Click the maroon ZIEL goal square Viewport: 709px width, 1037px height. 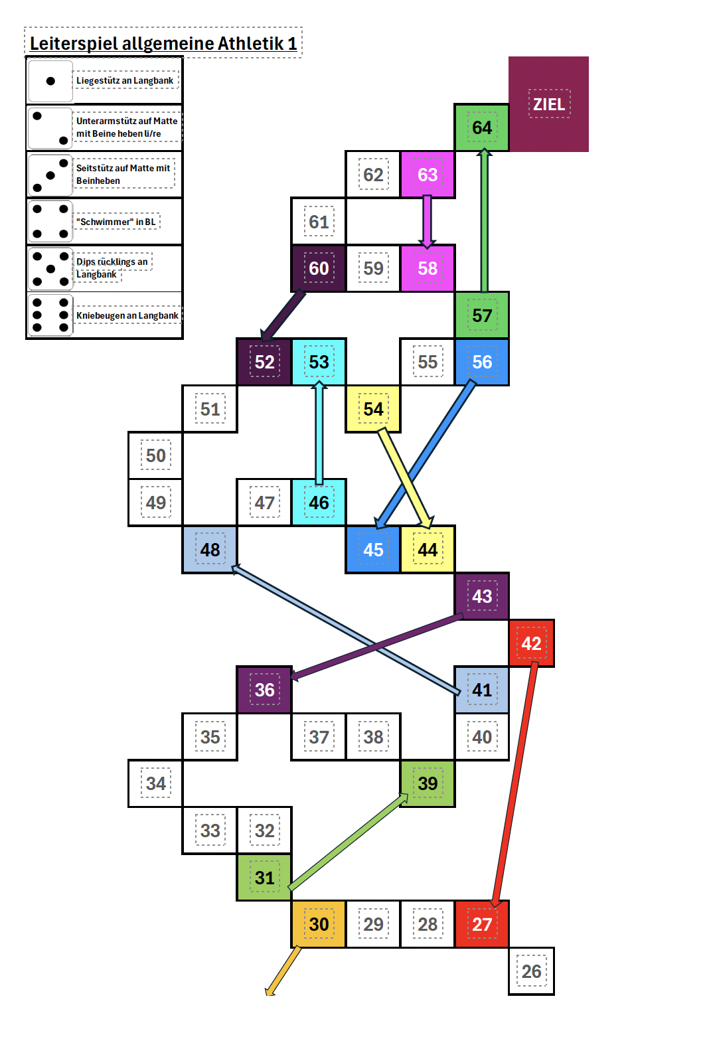[548, 104]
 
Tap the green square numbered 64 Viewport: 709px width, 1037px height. [481, 127]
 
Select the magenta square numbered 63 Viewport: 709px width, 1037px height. [428, 175]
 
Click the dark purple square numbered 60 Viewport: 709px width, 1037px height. [318, 268]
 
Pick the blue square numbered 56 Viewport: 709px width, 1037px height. [482, 362]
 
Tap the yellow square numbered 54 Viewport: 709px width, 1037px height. [373, 409]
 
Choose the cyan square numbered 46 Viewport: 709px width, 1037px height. [319, 503]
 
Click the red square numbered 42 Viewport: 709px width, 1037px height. [531, 643]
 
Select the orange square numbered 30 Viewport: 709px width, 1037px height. [319, 924]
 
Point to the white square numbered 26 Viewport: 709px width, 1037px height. [531, 971]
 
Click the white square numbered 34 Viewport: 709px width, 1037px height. [155, 783]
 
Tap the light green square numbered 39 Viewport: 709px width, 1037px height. [428, 783]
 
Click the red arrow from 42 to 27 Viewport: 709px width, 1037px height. [515, 783]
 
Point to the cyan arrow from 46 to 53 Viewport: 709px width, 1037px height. [319, 432]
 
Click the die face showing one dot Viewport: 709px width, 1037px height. [50, 81]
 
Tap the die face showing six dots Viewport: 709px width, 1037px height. [50, 315]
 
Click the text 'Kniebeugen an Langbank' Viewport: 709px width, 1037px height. [127, 315]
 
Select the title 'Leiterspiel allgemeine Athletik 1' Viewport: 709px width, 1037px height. [163, 44]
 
